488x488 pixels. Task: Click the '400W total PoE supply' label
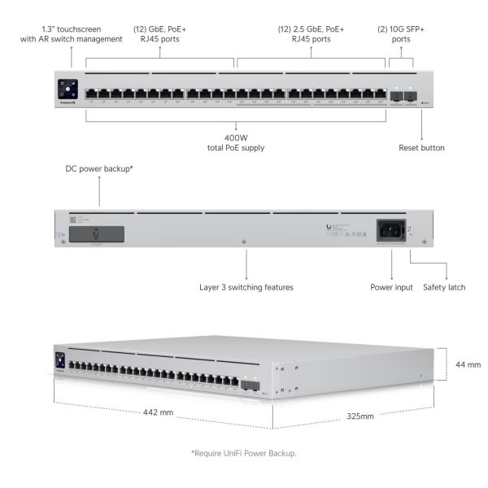tap(236, 142)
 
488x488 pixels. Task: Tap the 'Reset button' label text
tap(421, 147)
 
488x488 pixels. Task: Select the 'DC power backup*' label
tap(99, 170)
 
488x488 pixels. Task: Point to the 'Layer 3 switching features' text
tap(246, 287)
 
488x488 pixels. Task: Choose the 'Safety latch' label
tap(444, 287)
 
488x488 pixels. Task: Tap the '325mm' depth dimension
tap(355, 416)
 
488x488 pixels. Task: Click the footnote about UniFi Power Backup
tap(243, 452)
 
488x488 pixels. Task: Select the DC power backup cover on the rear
tap(96, 233)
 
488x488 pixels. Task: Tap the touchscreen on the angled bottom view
tap(59, 359)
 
